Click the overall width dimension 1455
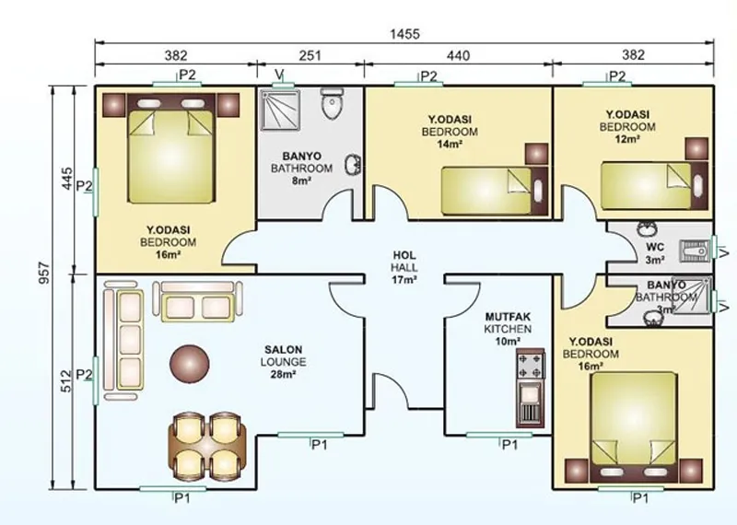point(404,34)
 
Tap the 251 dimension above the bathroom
point(310,56)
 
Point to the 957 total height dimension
point(43,273)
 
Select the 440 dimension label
point(458,56)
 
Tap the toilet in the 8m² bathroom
point(333,103)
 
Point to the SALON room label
point(284,350)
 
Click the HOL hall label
point(404,255)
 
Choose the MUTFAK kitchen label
point(509,317)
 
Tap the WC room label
point(655,247)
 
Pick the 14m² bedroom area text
point(450,145)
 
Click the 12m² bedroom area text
point(627,139)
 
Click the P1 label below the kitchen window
point(510,445)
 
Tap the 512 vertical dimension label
point(66,380)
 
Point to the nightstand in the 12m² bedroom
point(696,149)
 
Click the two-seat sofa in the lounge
point(197,302)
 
